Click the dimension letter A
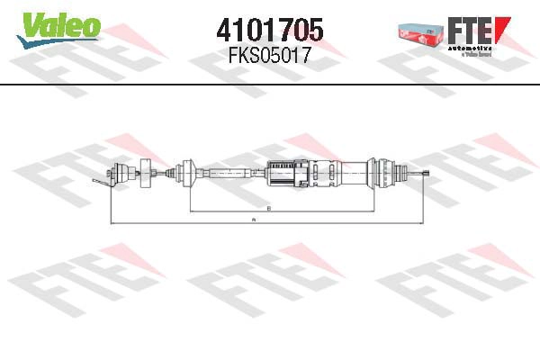point(255,219)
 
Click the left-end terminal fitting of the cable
point(117,172)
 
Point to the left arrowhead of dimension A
point(110,222)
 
